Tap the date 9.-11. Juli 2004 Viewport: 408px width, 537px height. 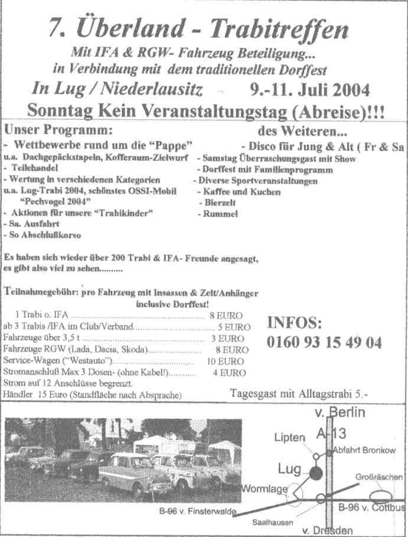click(311, 90)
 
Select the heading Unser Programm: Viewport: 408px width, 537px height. click(57, 129)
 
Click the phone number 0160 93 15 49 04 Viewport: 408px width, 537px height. click(324, 342)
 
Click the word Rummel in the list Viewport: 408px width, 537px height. click(220, 214)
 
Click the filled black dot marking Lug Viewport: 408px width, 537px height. click(316, 473)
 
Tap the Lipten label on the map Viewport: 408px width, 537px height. click(289, 437)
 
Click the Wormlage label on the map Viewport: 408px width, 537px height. click(264, 489)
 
